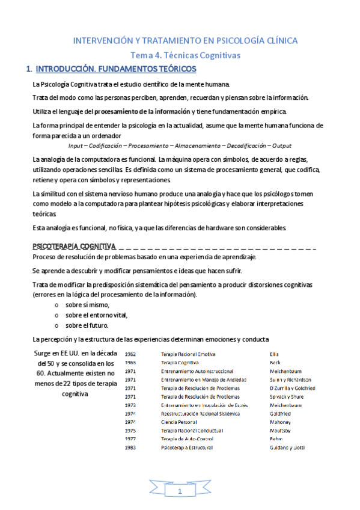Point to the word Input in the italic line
pos(77,146)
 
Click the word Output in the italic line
pos(281,146)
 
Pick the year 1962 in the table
pos(130,354)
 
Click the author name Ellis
pos(275,354)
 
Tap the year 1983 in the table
pos(130,447)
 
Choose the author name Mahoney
pos(280,422)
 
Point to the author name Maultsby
pos(281,431)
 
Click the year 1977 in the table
pos(130,439)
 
